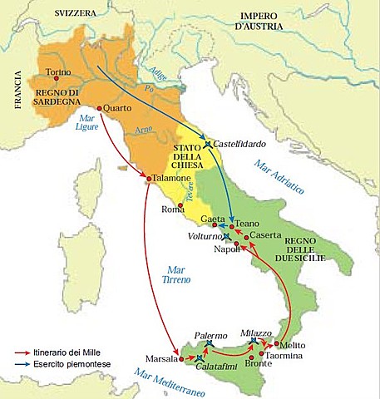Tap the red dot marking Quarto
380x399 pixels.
click(100, 108)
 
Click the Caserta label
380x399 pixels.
click(265, 236)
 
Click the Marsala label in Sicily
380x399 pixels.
click(160, 360)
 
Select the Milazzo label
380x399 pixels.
click(256, 332)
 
